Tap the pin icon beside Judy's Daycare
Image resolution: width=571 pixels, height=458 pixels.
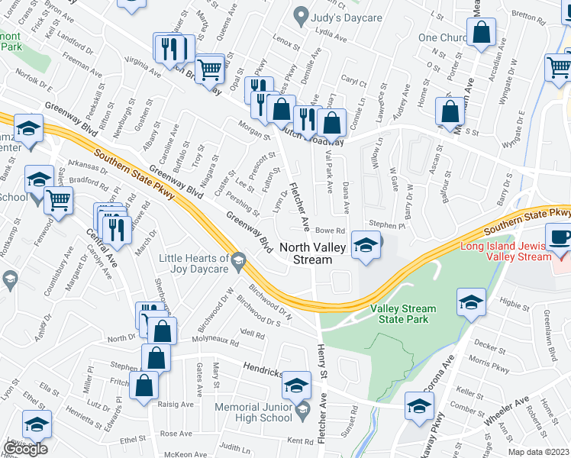302,15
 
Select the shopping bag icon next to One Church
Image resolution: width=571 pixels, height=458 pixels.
482,34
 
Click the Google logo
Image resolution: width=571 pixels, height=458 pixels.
25,449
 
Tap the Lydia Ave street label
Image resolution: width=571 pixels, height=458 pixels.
331,34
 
